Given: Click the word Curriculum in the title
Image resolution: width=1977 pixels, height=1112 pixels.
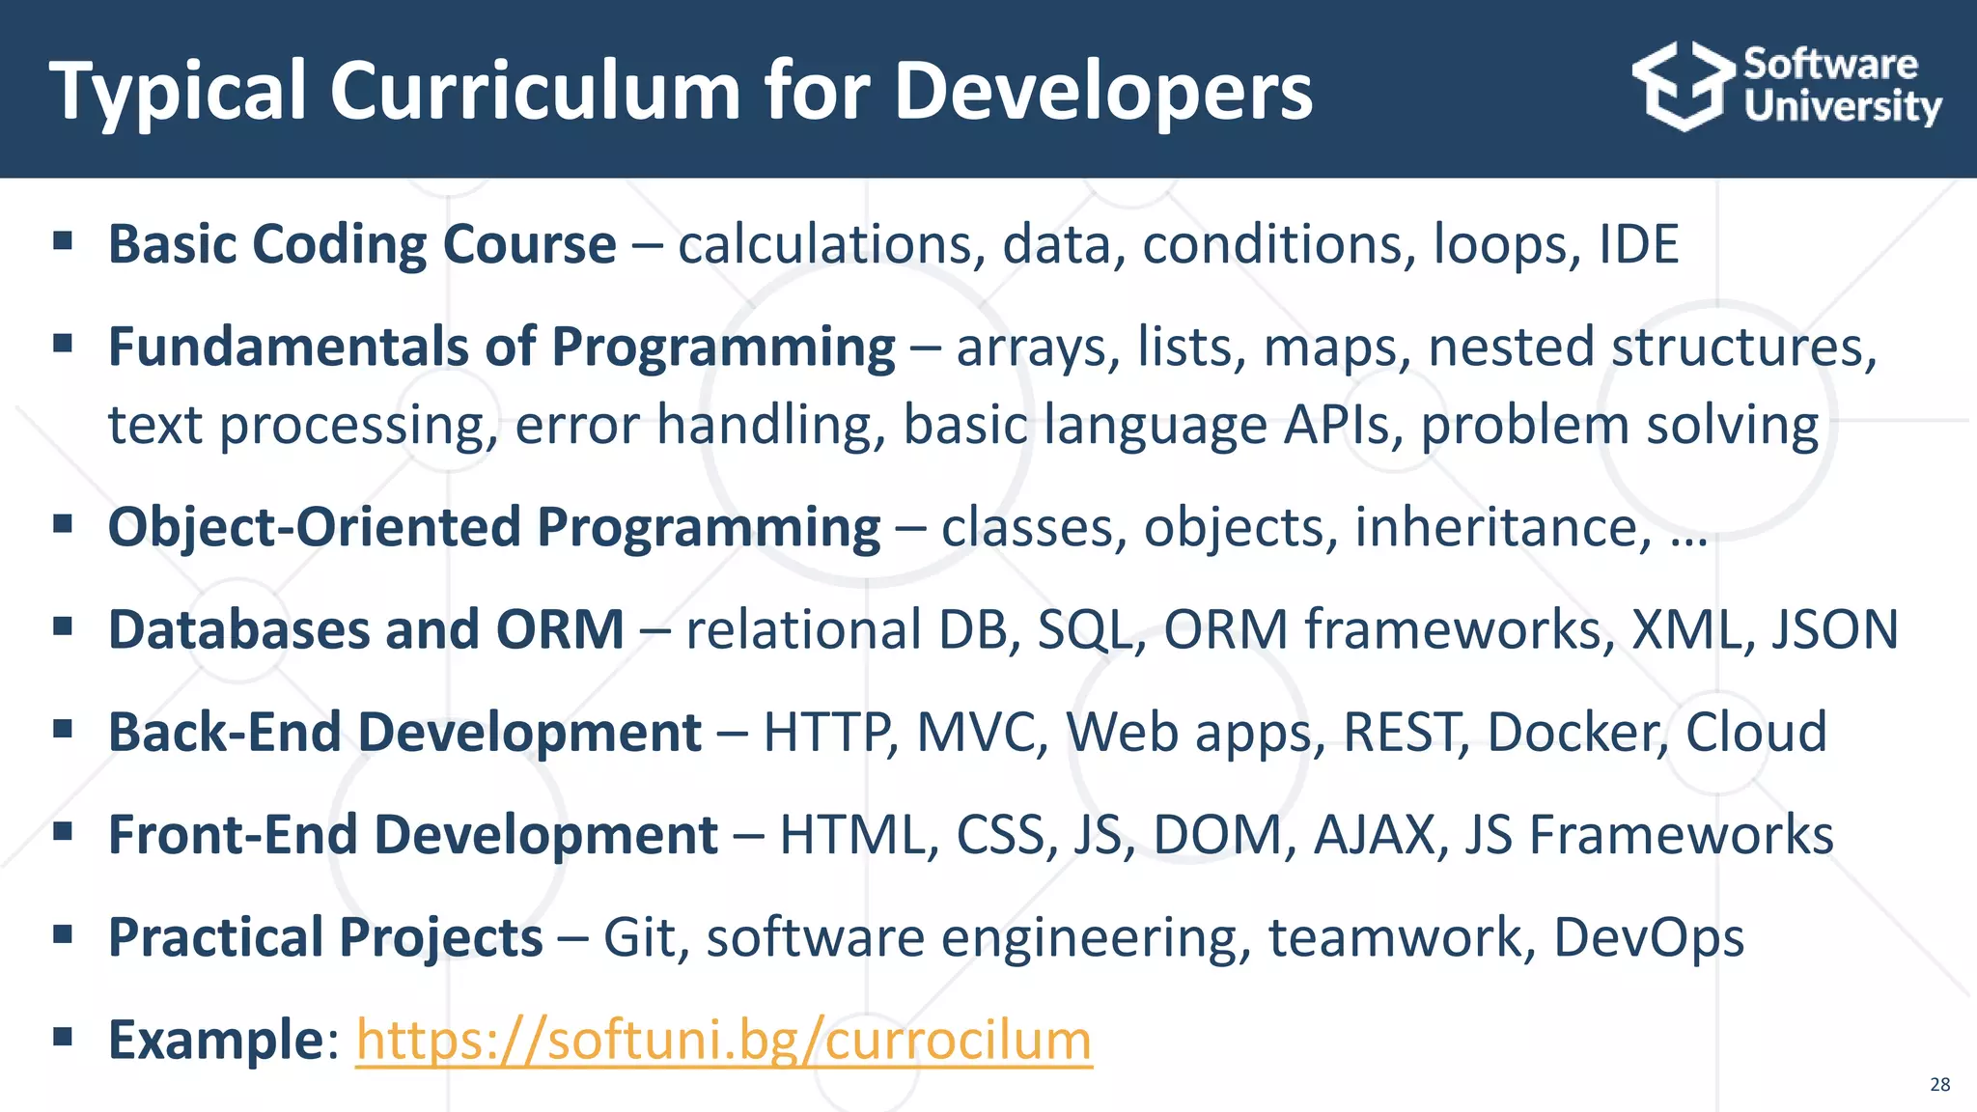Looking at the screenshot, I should pos(536,91).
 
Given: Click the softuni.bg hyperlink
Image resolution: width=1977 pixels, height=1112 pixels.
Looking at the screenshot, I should pos(724,1040).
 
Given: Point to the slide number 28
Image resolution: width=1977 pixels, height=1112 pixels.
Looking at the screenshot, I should pos(1939,1084).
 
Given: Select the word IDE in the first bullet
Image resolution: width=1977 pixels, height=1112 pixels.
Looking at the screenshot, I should pos(1639,244).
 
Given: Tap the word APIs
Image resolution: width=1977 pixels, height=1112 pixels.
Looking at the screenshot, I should pos(1342,425).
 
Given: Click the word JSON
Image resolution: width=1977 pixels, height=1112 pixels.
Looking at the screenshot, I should pos(1834,629).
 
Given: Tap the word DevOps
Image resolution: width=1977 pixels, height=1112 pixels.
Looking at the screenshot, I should pos(1648,937).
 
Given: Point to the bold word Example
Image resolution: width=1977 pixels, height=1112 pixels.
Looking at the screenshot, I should pos(215,1040).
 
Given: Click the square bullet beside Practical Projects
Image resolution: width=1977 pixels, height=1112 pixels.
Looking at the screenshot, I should pos(64,933).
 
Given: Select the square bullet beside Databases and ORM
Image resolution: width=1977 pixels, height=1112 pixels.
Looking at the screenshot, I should pos(64,626).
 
